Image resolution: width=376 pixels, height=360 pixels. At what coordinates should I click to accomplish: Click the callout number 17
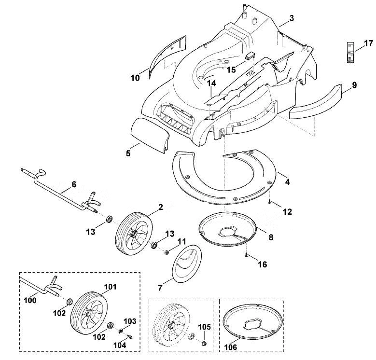[x=369, y=43]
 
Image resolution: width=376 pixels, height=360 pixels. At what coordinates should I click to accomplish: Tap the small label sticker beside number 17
[x=350, y=52]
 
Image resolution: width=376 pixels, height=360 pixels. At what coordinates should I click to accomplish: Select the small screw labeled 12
[x=269, y=202]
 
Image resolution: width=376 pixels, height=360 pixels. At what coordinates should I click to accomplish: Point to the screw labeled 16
[x=247, y=255]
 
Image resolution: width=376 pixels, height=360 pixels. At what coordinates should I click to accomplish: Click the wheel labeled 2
[x=134, y=233]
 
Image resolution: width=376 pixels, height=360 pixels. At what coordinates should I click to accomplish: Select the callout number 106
[x=230, y=347]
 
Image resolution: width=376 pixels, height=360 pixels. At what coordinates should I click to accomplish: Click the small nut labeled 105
[x=204, y=344]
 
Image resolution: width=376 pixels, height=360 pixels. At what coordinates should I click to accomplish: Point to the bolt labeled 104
[x=130, y=337]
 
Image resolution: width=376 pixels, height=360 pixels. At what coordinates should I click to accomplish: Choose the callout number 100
[x=30, y=300]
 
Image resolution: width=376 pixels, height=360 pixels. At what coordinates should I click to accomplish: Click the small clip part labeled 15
[x=250, y=55]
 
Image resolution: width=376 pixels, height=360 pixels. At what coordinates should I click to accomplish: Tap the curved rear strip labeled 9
[x=316, y=102]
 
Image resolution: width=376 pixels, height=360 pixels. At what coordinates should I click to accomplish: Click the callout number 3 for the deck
[x=292, y=18]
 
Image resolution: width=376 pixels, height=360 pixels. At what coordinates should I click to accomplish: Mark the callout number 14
[x=212, y=83]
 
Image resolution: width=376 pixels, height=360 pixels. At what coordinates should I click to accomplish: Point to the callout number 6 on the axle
[x=74, y=184]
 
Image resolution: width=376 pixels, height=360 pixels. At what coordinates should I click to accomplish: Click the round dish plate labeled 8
[x=228, y=229]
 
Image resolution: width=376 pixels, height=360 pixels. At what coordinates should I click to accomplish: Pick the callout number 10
[x=135, y=78]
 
